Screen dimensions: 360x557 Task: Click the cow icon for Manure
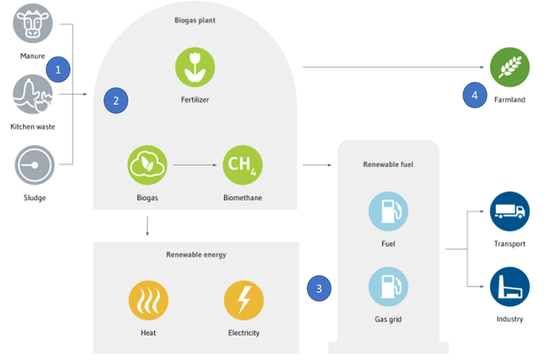pyautogui.click(x=33, y=23)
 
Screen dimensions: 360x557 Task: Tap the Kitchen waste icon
pyautogui.click(x=33, y=95)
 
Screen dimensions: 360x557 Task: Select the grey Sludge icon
pyautogui.click(x=34, y=165)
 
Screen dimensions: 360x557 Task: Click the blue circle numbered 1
pyautogui.click(x=58, y=70)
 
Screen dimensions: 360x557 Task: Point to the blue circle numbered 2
pyautogui.click(x=116, y=100)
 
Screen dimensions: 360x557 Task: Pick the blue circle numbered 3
pyautogui.click(x=319, y=289)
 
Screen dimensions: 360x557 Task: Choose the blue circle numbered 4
pyautogui.click(x=475, y=95)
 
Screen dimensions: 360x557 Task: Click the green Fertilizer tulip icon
pyautogui.click(x=195, y=67)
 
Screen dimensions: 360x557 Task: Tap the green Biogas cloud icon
pyautogui.click(x=147, y=166)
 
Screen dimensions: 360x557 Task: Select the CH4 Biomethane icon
pyautogui.click(x=242, y=165)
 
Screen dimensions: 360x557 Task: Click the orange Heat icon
pyautogui.click(x=148, y=301)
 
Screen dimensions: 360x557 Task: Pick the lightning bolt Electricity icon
pyautogui.click(x=244, y=301)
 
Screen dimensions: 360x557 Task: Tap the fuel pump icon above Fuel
pyautogui.click(x=388, y=211)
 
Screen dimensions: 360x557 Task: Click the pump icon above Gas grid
pyautogui.click(x=388, y=286)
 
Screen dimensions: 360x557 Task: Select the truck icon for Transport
pyautogui.click(x=510, y=211)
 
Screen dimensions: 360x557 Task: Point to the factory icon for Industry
pyautogui.click(x=510, y=286)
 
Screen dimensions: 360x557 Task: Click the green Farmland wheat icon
pyautogui.click(x=510, y=67)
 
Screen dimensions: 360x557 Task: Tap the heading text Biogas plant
pyautogui.click(x=195, y=20)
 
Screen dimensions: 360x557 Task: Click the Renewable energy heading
pyautogui.click(x=196, y=255)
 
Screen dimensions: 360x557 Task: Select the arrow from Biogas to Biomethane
pyautogui.click(x=195, y=166)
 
